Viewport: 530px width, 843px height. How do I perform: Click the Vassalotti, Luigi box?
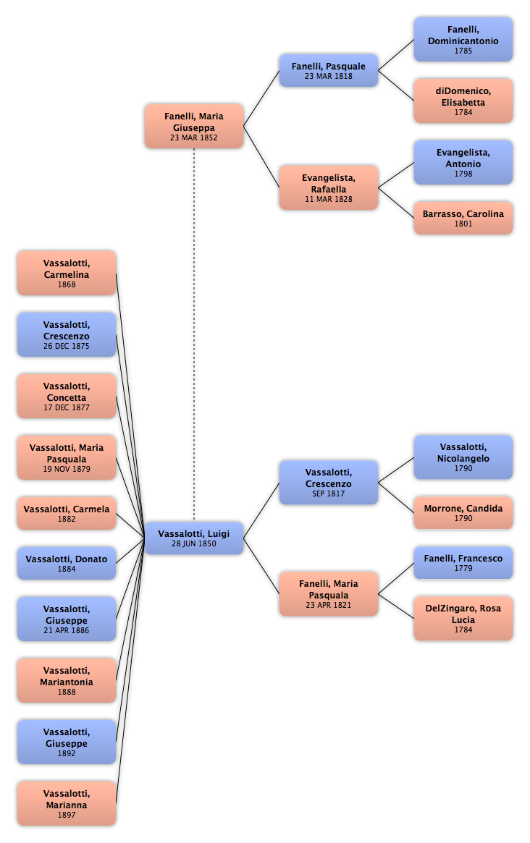coord(194,538)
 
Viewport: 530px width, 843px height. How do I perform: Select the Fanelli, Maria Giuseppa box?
coord(194,126)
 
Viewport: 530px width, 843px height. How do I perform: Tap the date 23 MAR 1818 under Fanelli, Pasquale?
coord(328,77)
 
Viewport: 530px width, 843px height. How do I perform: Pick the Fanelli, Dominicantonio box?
coord(463,39)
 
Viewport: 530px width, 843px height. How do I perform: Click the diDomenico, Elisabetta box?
coord(463,101)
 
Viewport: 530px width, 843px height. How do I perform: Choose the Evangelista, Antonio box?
coord(463,162)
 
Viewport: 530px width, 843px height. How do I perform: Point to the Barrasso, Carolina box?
coord(463,218)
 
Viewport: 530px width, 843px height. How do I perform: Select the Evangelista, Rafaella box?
coord(328,187)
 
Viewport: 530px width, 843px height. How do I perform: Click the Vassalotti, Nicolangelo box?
coord(463,457)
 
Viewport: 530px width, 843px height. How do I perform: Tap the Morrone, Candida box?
coord(463,512)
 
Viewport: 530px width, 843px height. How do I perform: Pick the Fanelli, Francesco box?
coord(463,562)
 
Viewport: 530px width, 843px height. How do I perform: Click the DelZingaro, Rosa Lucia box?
coord(463,618)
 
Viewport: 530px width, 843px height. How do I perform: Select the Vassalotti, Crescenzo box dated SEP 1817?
coord(328,482)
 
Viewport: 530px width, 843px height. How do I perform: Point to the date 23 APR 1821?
coord(328,606)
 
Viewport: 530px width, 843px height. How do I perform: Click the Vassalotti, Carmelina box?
coord(66,273)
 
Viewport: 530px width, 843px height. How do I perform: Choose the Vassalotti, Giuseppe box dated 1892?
coord(66,742)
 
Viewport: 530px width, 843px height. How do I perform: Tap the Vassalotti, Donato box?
coord(66,563)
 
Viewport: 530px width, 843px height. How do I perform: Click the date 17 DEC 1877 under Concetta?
coord(66,407)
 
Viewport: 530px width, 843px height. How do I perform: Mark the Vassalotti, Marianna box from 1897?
coord(66,803)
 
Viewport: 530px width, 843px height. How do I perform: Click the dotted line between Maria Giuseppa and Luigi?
coord(194,335)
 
